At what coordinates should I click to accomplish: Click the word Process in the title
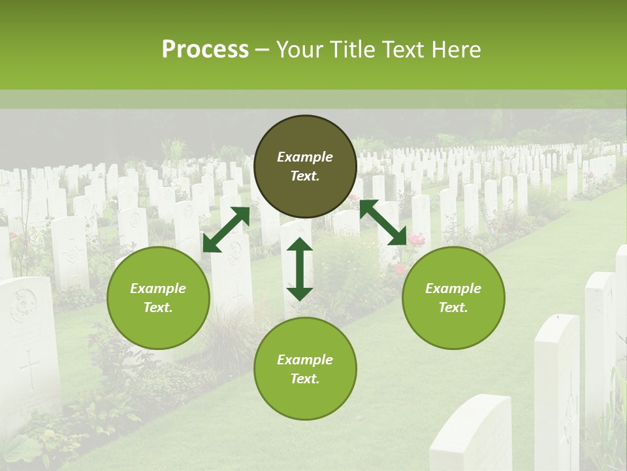[x=205, y=50]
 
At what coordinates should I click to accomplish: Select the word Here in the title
[x=455, y=50]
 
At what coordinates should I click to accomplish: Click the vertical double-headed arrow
[x=300, y=269]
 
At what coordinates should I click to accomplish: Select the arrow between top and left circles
[x=226, y=230]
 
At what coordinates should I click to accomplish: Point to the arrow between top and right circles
[x=383, y=222]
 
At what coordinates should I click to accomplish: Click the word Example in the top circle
[x=305, y=157]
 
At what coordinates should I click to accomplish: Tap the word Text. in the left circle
[x=158, y=307]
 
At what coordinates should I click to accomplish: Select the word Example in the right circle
[x=453, y=288]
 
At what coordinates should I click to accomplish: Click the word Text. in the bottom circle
[x=305, y=379]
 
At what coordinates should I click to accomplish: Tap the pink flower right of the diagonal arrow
[x=416, y=240]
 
